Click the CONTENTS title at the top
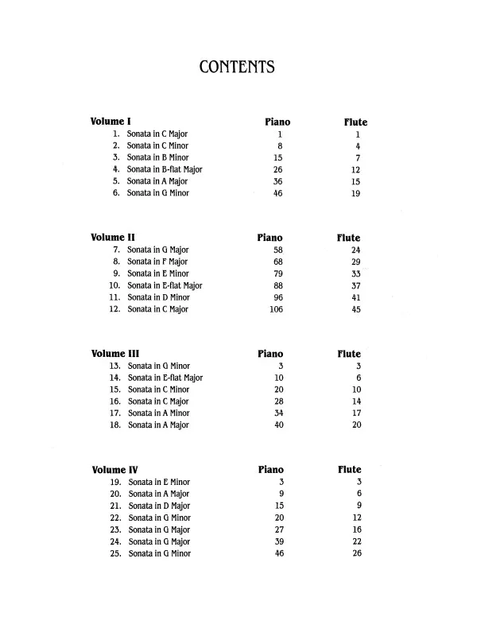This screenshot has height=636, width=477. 238,67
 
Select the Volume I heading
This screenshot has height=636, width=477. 111,122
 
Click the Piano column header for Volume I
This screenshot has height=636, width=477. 277,122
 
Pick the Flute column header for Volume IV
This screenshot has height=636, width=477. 349,470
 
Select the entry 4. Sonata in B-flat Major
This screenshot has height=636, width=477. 157,169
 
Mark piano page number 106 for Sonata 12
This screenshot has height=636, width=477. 277,309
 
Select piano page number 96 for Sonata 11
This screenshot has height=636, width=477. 278,297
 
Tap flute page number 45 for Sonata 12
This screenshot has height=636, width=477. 356,309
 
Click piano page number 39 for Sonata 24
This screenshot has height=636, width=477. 278,541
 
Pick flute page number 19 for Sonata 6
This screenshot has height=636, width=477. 356,193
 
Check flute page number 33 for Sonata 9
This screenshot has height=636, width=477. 356,273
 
